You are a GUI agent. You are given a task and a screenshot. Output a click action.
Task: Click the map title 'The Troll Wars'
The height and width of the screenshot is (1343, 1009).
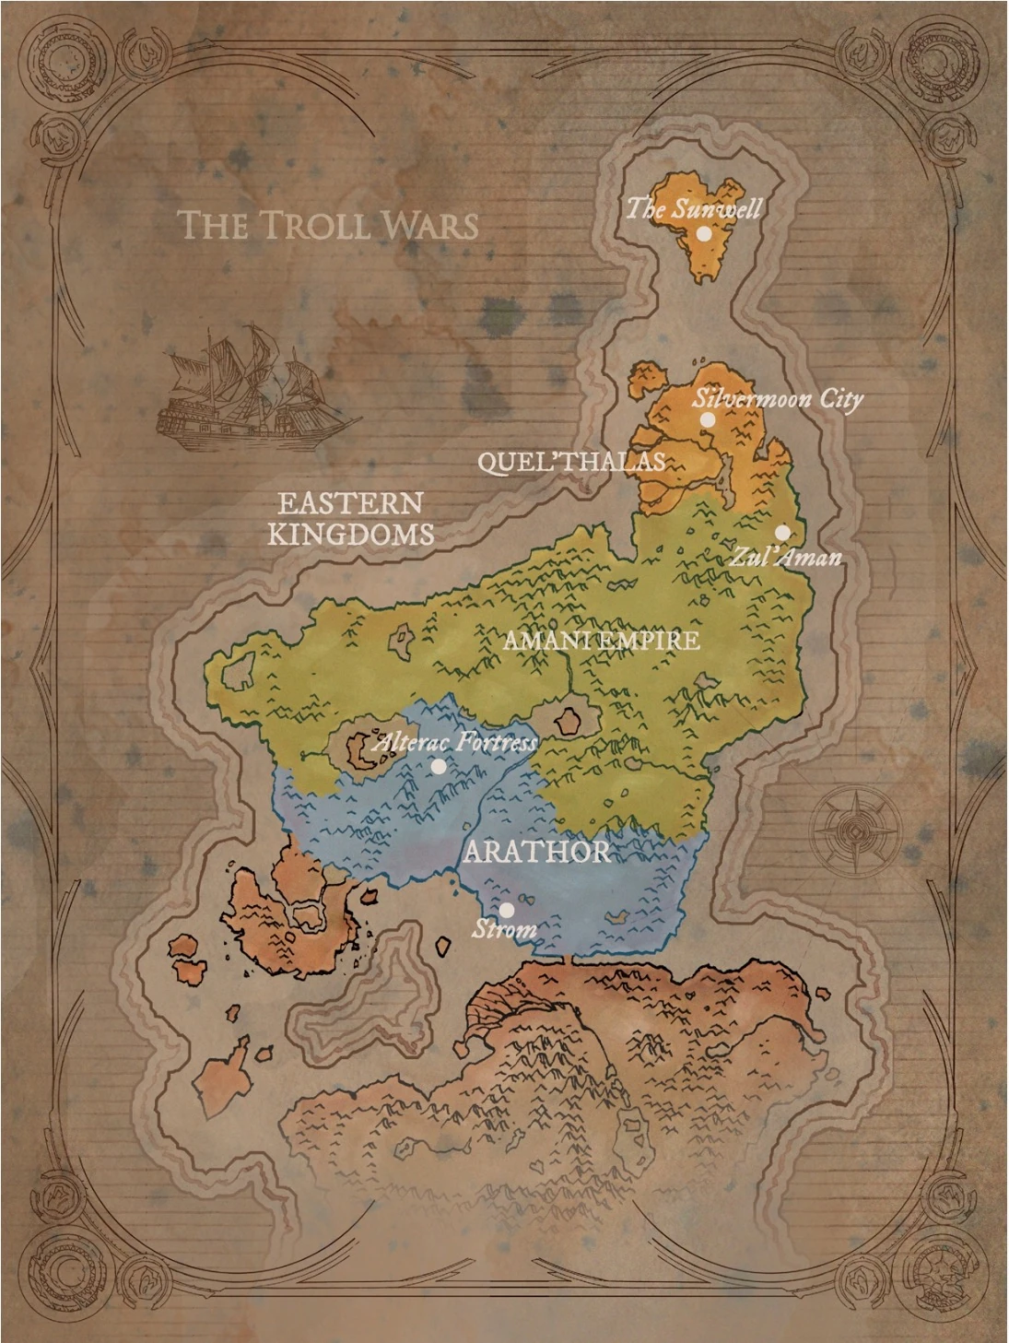click(x=327, y=225)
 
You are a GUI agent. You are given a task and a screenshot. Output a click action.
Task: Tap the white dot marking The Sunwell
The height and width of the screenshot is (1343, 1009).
click(x=704, y=234)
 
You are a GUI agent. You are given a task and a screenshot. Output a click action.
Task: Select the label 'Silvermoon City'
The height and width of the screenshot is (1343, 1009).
click(x=778, y=398)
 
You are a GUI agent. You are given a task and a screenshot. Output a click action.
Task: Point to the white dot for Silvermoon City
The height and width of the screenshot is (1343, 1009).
click(x=707, y=420)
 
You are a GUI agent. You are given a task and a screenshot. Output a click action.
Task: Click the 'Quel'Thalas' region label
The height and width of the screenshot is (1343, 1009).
click(x=571, y=461)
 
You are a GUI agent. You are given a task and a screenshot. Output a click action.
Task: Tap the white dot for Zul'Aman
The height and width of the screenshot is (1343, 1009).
click(x=781, y=533)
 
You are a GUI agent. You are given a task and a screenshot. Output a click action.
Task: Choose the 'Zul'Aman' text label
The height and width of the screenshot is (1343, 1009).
click(x=786, y=557)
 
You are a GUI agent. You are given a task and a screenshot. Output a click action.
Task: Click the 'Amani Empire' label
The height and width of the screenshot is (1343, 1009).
click(x=602, y=640)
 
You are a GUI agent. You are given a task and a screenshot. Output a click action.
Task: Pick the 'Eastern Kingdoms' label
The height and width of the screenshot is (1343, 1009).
click(x=351, y=518)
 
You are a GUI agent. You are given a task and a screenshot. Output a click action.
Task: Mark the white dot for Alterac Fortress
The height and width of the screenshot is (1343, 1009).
click(x=439, y=766)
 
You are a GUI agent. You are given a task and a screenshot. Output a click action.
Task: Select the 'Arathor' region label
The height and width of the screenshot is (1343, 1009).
click(x=536, y=851)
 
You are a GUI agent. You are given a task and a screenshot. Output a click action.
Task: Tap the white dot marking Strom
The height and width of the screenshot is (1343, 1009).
click(x=506, y=911)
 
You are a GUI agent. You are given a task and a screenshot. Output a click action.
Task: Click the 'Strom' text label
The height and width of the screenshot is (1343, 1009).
click(x=504, y=929)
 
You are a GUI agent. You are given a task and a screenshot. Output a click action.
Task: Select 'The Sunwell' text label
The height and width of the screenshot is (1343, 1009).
click(x=694, y=208)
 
